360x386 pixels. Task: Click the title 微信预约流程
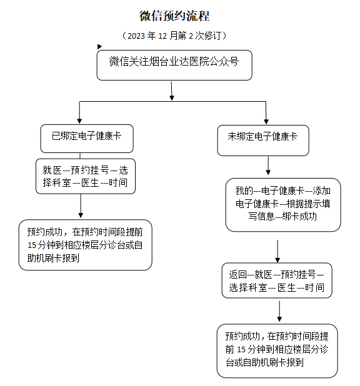pyautogui.click(x=174, y=16)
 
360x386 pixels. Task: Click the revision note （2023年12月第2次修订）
pyautogui.click(x=174, y=36)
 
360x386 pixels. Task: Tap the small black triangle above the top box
pyautogui.click(x=99, y=46)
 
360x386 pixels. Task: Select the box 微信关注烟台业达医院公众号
pyautogui.click(x=174, y=65)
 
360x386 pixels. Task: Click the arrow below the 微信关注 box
pyautogui.click(x=172, y=91)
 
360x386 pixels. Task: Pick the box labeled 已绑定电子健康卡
pyautogui.click(x=87, y=139)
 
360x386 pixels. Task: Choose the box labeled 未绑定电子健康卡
pyautogui.click(x=263, y=141)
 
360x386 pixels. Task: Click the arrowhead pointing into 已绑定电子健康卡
pyautogui.click(x=79, y=121)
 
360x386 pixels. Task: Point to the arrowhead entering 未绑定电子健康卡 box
pyautogui.click(x=266, y=121)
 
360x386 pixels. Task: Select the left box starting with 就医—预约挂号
pyautogui.click(x=86, y=176)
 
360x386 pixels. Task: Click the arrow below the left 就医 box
pyautogui.click(x=81, y=206)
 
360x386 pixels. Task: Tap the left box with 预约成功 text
pyautogui.click(x=85, y=245)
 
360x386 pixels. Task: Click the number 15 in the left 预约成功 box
pyautogui.click(x=32, y=245)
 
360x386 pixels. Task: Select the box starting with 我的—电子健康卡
pyautogui.click(x=283, y=205)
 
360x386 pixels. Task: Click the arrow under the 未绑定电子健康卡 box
pyautogui.click(x=268, y=166)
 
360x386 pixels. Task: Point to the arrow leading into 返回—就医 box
pyautogui.click(x=277, y=251)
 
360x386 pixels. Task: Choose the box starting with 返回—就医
pyautogui.click(x=277, y=280)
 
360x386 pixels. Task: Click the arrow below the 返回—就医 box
pyautogui.click(x=279, y=311)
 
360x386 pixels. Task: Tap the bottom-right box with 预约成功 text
pyautogui.click(x=277, y=351)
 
